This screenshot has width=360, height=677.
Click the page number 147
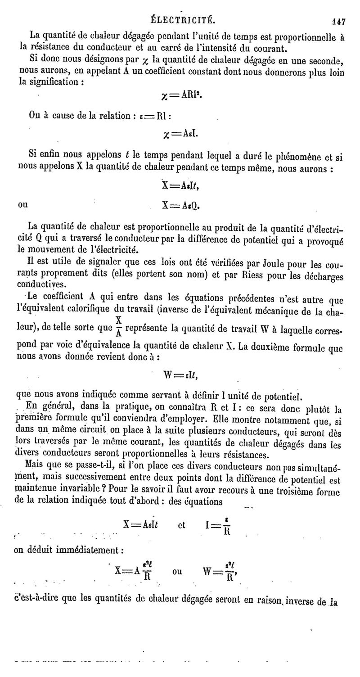(338, 20)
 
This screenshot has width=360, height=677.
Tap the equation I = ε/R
(220, 525)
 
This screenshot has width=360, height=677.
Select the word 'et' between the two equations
(182, 525)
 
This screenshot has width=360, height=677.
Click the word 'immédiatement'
(82, 550)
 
